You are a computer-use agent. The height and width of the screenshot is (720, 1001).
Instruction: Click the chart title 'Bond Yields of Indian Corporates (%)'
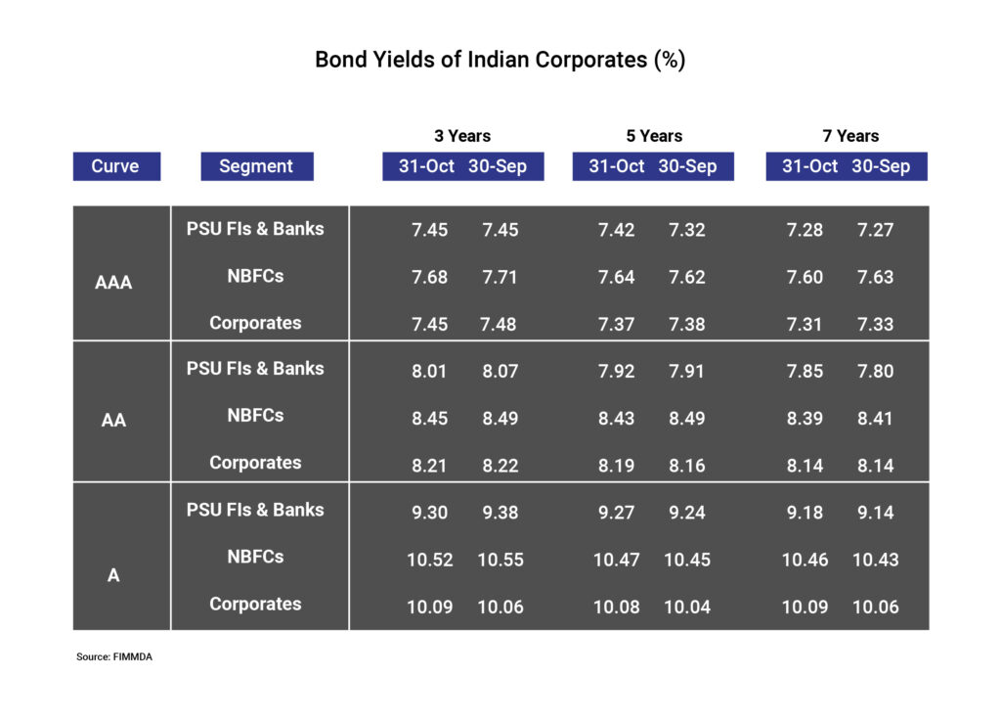tap(500, 60)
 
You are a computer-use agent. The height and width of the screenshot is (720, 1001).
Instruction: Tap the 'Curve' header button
tap(115, 166)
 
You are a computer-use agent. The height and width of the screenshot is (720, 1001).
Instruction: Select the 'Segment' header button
tap(256, 166)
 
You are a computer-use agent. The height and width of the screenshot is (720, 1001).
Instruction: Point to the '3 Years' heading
tap(462, 136)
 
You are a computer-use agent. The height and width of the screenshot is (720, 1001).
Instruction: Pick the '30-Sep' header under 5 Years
tap(687, 166)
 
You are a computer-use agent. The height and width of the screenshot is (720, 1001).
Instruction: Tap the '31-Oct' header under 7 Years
tap(809, 166)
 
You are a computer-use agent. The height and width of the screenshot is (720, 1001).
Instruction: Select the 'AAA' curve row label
tap(113, 283)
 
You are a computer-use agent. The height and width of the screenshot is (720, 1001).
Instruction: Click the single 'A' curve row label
tap(113, 575)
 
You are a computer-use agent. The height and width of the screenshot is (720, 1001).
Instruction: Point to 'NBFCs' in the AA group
tap(255, 415)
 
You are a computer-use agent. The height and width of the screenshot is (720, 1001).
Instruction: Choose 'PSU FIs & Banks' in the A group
tap(255, 510)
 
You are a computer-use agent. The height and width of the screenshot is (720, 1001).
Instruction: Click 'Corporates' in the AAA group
tap(255, 323)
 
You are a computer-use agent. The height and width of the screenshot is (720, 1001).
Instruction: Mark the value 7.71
tap(500, 277)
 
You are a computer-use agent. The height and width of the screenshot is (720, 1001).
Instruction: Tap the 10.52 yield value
tap(430, 560)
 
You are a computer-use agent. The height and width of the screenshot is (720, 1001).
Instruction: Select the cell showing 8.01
tap(430, 371)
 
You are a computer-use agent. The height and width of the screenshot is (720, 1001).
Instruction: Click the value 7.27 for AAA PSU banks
tap(875, 230)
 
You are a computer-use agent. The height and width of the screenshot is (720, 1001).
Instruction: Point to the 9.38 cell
tap(500, 513)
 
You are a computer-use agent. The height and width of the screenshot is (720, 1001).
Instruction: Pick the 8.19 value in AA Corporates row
tap(617, 466)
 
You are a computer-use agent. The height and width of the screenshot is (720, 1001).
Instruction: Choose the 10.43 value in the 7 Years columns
tap(875, 560)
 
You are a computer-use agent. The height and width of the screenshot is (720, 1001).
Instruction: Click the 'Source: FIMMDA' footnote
tap(114, 657)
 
